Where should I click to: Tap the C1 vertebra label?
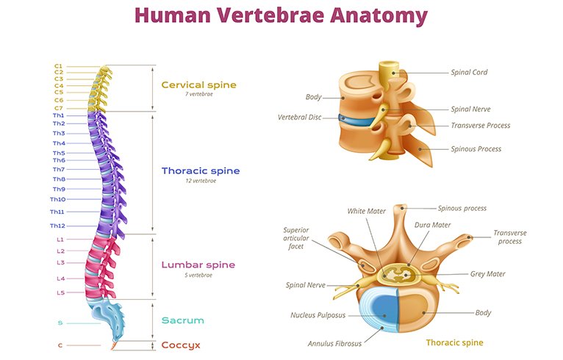click(x=59, y=66)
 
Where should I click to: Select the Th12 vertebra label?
click(x=57, y=225)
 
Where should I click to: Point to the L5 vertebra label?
click(x=60, y=292)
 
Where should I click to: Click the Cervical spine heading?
click(x=198, y=85)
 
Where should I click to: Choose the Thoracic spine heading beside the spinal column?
click(x=200, y=171)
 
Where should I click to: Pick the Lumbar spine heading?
click(x=198, y=264)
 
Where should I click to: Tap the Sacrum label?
click(x=183, y=320)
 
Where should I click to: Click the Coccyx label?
click(x=182, y=345)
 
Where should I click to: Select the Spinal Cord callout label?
click(x=469, y=72)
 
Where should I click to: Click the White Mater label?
click(x=366, y=211)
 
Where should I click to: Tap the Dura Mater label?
click(x=432, y=225)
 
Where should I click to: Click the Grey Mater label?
click(x=487, y=274)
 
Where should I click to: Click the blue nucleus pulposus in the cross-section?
click(x=380, y=312)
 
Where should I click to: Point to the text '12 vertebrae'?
click(x=198, y=180)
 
